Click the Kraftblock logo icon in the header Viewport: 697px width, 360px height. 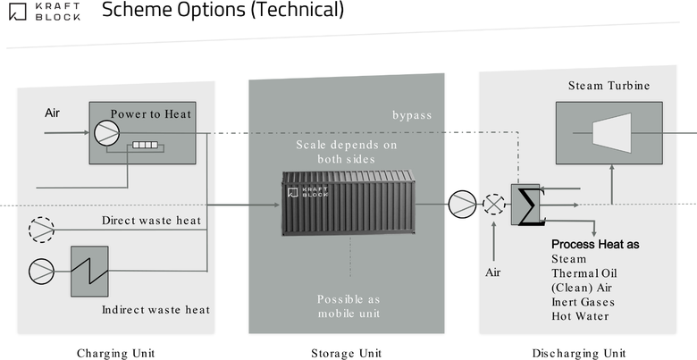(x=18, y=12)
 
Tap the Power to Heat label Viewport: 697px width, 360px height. (x=151, y=114)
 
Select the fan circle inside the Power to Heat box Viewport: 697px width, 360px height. (x=106, y=133)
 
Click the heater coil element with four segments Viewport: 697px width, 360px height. (x=145, y=145)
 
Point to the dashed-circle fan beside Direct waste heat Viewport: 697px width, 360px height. (x=41, y=230)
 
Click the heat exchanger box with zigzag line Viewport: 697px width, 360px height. (x=89, y=271)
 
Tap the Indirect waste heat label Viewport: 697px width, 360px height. (x=155, y=309)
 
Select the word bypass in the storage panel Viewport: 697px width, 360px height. (x=412, y=115)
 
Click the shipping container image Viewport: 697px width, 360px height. (x=348, y=202)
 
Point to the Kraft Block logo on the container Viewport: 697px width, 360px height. (x=307, y=192)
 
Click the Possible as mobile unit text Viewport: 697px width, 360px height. (x=348, y=306)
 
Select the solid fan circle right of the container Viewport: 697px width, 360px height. (x=462, y=205)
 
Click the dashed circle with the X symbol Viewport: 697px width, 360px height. (x=494, y=205)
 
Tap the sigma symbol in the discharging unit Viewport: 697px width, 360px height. (x=531, y=205)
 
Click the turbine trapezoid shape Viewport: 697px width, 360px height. (x=612, y=133)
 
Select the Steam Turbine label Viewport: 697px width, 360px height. (x=609, y=86)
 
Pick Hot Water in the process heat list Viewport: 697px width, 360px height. (x=580, y=316)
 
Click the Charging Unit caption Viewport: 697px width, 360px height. (x=116, y=354)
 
